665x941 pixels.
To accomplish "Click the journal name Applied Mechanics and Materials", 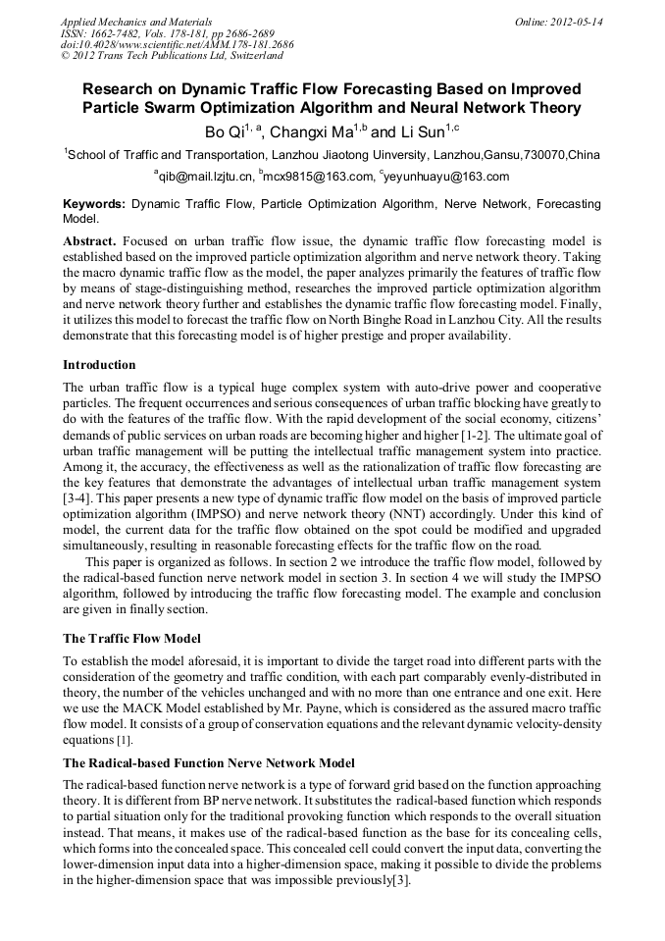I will pos(136,21).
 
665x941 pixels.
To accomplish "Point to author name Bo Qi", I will pos(221,131).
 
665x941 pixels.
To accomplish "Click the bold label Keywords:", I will pos(94,204).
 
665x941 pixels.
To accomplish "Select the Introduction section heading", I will pos(99,364).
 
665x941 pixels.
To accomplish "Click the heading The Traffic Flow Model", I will pos(131,638).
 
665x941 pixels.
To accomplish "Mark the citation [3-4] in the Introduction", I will pos(77,497).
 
